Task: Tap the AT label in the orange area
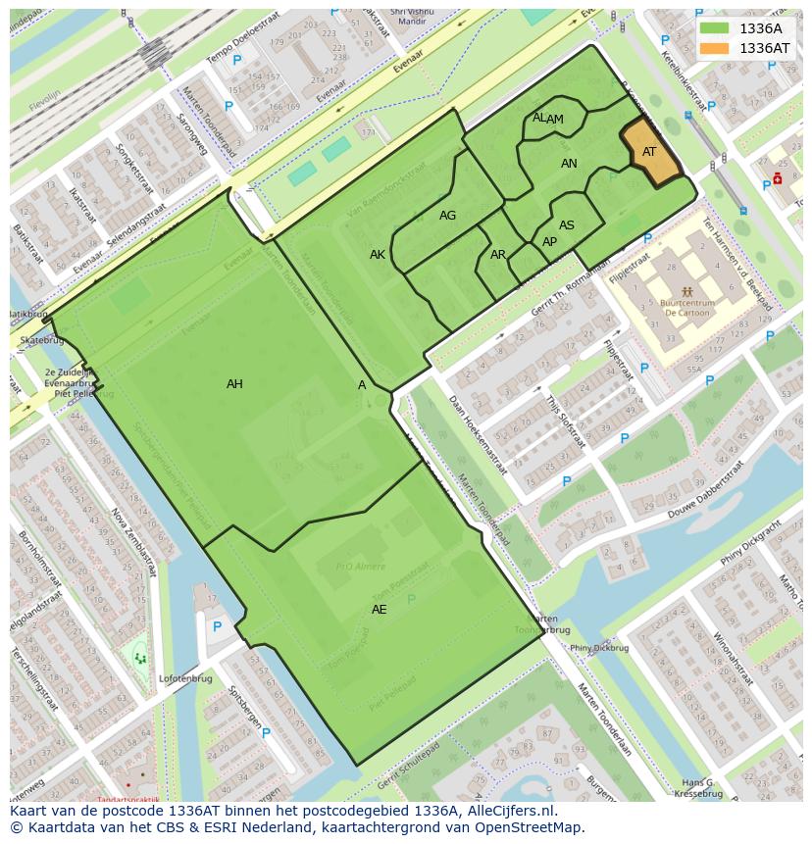pos(649,152)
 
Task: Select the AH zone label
pos(234,384)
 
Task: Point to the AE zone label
pos(379,610)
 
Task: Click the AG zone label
pos(447,216)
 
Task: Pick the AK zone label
pos(378,255)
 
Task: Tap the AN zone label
pos(569,164)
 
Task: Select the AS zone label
pos(567,225)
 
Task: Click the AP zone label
pos(549,242)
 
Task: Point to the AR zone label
pos(498,255)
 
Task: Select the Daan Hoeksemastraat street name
pos(477,436)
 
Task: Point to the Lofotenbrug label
pos(185,677)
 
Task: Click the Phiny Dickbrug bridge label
pos(598,648)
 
